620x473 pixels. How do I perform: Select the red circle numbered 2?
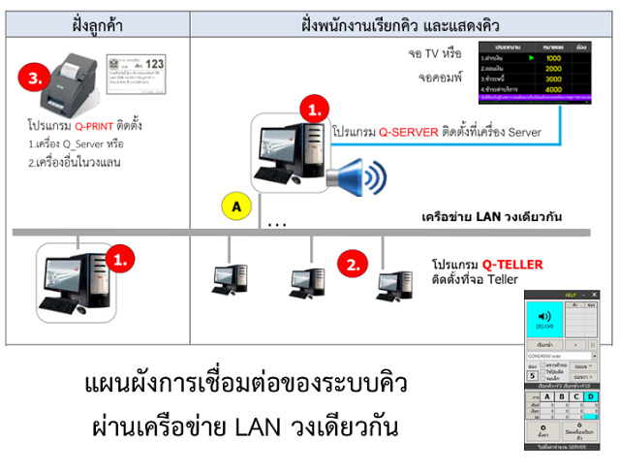pos(356,263)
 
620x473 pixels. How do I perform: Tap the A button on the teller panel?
pos(548,395)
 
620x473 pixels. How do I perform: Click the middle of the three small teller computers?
pos(306,281)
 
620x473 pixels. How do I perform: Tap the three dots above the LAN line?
pos(277,225)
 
